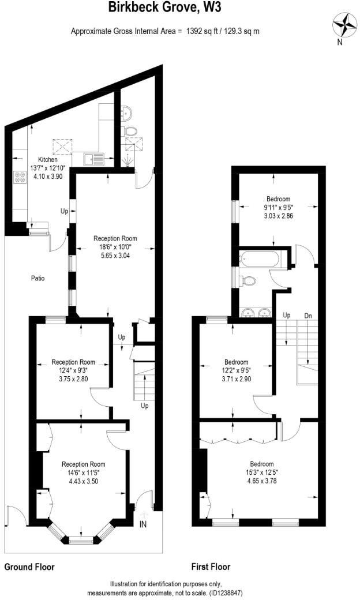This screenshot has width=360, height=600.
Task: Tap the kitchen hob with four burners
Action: [x=20, y=178]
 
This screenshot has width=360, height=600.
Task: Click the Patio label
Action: [x=38, y=278]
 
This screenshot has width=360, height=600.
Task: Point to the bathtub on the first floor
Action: [x=260, y=258]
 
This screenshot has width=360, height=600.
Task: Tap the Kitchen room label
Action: [x=48, y=160]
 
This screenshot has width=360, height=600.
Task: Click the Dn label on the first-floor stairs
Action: [x=308, y=314]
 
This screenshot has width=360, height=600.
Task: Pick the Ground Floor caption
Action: [x=29, y=567]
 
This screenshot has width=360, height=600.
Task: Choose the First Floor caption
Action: [x=211, y=567]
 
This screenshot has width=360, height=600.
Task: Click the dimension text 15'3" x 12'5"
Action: [x=261, y=472]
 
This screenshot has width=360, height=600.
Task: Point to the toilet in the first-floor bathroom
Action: [x=249, y=282]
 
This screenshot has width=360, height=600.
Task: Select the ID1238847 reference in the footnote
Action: [x=232, y=592]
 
